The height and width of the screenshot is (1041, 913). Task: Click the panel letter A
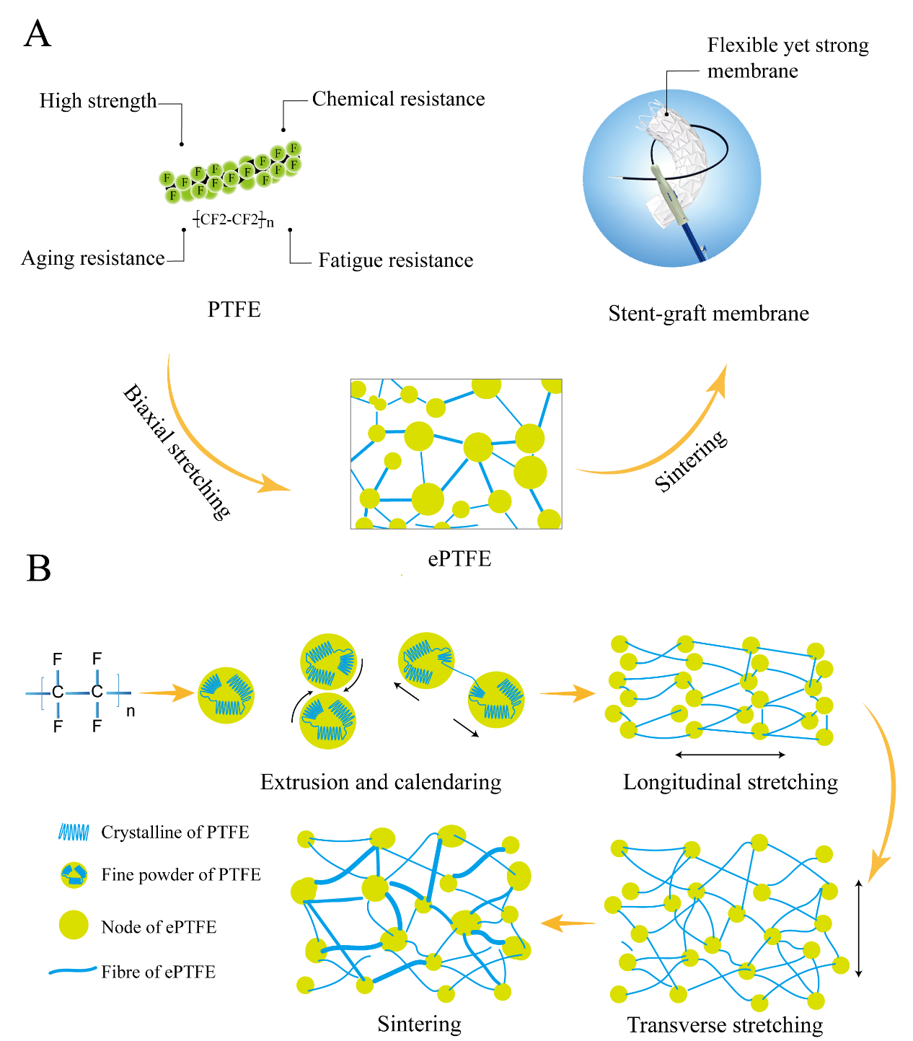(38, 34)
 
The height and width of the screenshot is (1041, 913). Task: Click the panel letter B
(38, 568)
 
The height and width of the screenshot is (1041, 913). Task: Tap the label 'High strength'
(97, 101)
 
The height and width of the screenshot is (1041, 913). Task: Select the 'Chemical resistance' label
(398, 100)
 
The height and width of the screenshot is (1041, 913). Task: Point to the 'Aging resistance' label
(93, 258)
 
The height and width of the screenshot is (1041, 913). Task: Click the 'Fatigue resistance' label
(396, 260)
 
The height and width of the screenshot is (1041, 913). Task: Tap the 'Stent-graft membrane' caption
(708, 313)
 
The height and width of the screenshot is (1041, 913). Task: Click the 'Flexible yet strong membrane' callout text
(788, 58)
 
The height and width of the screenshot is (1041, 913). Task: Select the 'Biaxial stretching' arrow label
(177, 452)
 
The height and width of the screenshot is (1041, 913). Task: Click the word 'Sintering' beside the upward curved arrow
(690, 461)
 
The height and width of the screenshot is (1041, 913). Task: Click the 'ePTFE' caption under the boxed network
(459, 559)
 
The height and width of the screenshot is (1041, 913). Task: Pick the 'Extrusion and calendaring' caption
(380, 782)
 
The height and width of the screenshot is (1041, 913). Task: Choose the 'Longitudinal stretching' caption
(730, 782)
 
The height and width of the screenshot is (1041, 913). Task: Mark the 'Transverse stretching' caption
(725, 1025)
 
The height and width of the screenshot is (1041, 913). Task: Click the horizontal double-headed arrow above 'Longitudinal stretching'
(730, 755)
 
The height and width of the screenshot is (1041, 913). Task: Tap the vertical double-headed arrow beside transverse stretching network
(858, 928)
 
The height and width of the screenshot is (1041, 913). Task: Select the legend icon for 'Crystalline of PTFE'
(74, 833)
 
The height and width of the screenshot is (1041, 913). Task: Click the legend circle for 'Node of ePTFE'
(74, 926)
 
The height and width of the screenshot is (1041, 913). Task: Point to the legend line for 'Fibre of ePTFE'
(73, 971)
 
